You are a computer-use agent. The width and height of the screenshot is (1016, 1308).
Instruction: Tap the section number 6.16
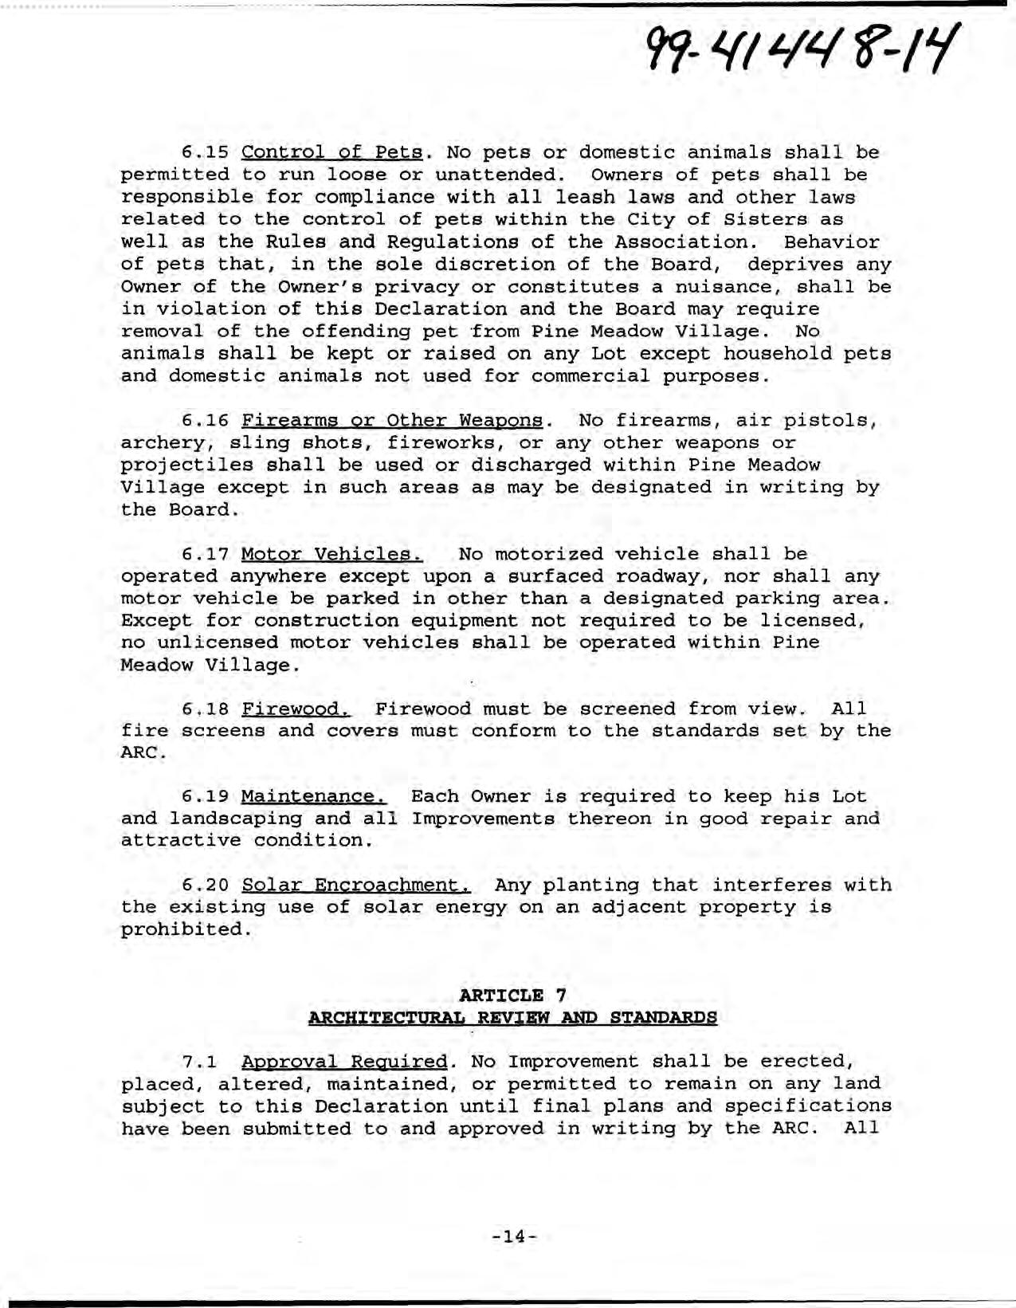(206, 420)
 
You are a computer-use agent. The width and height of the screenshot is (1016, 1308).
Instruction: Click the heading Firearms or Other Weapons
(393, 420)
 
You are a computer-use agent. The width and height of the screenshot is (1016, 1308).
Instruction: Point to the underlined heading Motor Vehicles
(331, 554)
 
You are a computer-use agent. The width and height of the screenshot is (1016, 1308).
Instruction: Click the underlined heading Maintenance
(313, 796)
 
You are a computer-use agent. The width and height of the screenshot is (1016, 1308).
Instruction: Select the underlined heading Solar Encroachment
(356, 886)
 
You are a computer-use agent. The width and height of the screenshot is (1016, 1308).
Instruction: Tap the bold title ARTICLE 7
(513, 995)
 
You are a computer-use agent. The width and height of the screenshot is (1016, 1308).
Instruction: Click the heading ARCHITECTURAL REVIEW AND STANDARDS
(513, 1017)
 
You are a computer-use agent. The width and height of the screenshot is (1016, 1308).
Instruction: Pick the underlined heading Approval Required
(343, 1062)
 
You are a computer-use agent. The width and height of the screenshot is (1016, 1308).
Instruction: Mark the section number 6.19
(206, 796)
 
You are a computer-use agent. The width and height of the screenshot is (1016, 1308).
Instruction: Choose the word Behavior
(831, 242)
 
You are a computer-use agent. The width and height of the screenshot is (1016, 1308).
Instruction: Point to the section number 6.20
(206, 886)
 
